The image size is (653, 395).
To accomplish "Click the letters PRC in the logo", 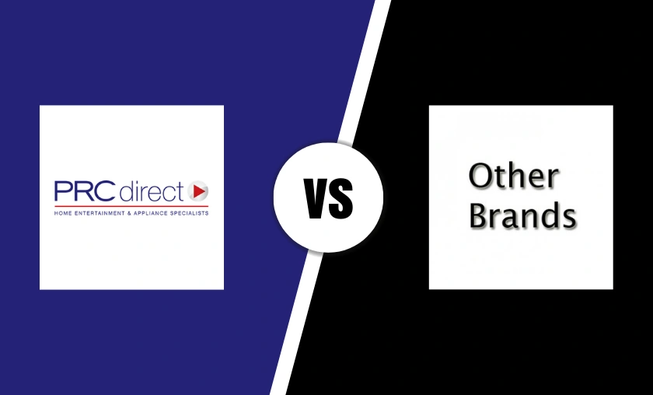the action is [x=85, y=191].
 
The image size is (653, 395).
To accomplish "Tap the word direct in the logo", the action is [x=152, y=191].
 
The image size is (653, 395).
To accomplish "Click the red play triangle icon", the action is [x=200, y=191].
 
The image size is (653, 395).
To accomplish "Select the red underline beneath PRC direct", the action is [x=131, y=206].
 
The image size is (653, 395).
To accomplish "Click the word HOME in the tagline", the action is [x=61, y=213].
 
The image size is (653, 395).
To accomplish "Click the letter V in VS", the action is [x=316, y=198].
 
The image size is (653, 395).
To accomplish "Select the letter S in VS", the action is [x=340, y=198].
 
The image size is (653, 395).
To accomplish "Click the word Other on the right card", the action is [x=514, y=176].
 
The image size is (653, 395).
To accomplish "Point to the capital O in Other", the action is [x=480, y=177].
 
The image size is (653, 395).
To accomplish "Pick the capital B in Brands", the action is [x=479, y=215].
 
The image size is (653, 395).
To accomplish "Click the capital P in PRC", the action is [x=62, y=191].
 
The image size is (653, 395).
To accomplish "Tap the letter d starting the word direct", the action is [x=127, y=191].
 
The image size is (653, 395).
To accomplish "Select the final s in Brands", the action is [x=570, y=218].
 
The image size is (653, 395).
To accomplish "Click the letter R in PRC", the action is [x=82, y=191].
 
